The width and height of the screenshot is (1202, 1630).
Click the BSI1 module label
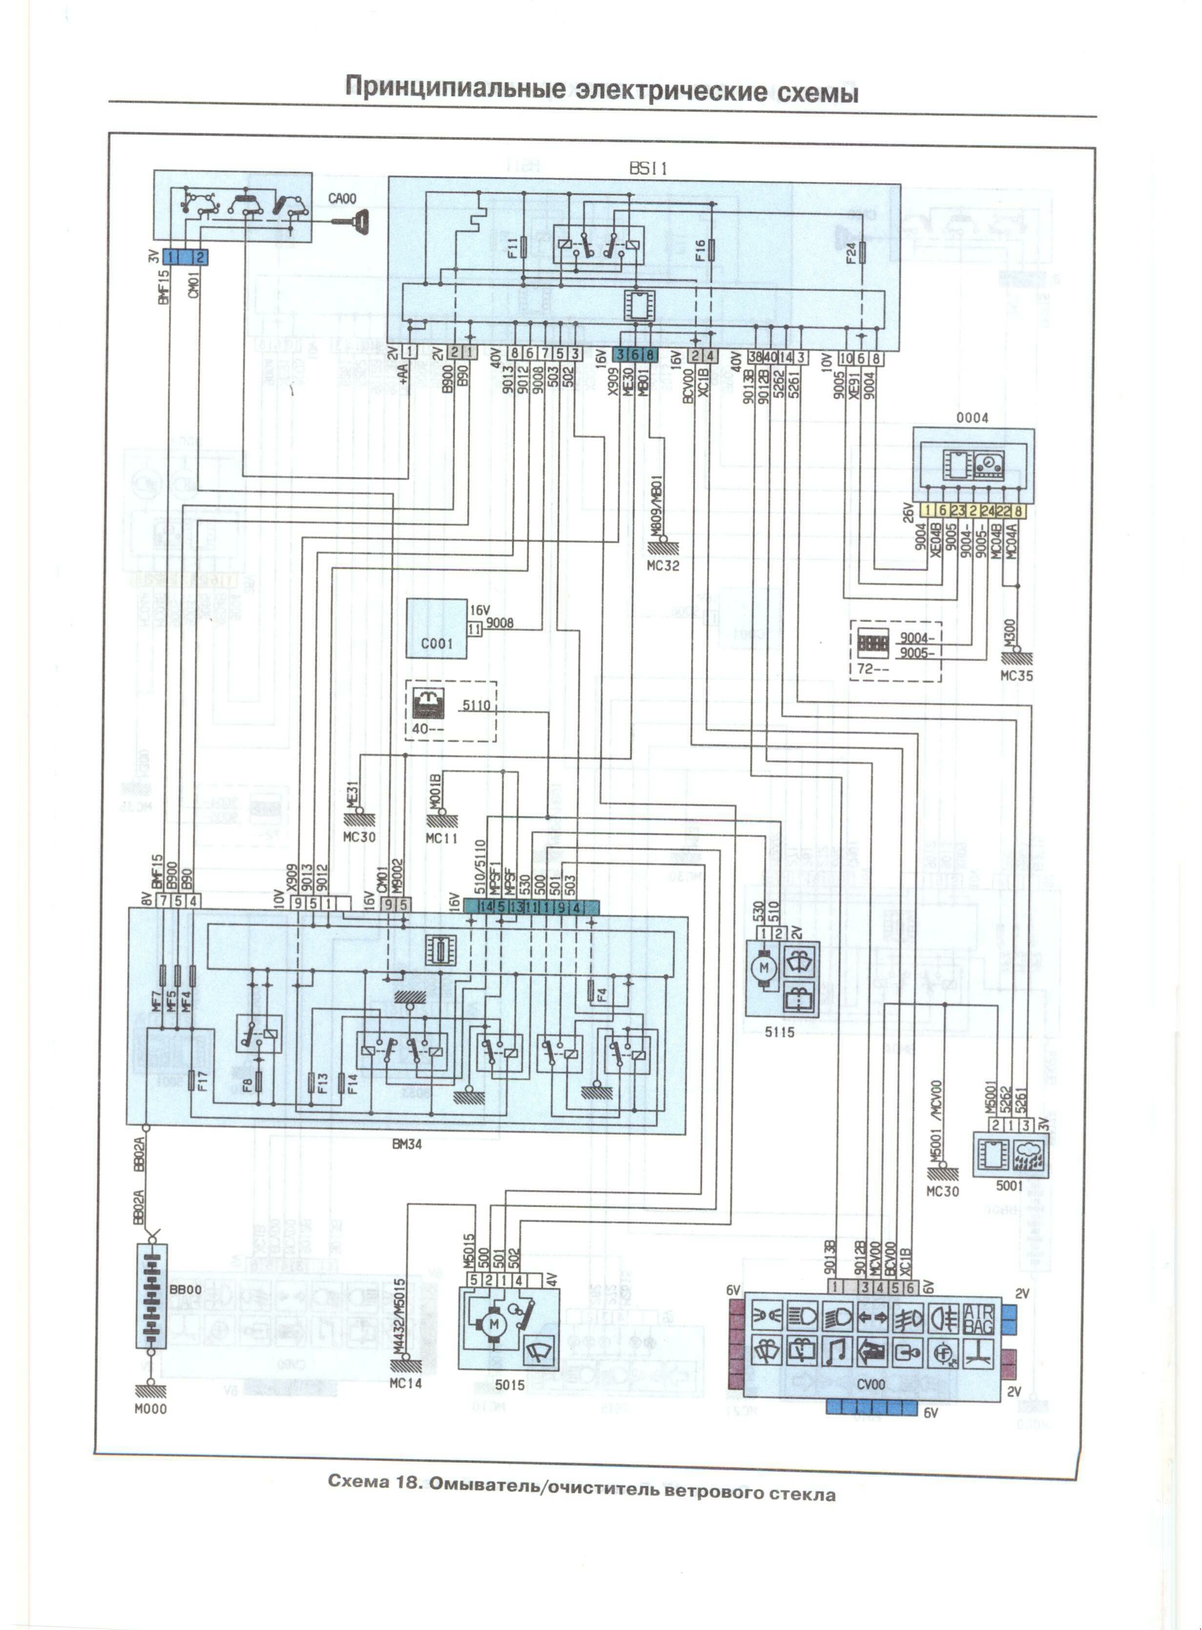[648, 168]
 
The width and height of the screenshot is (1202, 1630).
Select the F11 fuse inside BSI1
[524, 248]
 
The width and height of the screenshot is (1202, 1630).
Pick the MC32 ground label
[663, 565]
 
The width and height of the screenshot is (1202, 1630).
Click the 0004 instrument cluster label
[972, 418]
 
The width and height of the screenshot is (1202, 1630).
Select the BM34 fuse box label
[407, 1144]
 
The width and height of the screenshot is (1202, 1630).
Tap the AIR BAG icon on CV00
[978, 1318]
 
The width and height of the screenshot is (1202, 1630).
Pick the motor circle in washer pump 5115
[764, 967]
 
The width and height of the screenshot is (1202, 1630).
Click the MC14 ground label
[405, 1382]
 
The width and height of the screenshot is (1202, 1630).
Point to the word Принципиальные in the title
[455, 88]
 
